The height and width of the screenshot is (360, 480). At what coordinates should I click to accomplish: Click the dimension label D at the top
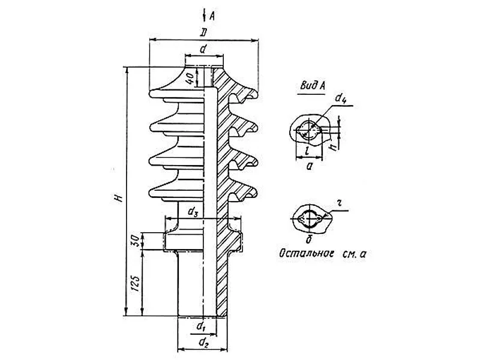(x=203, y=32)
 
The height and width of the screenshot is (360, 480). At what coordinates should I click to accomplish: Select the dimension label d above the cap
(x=203, y=49)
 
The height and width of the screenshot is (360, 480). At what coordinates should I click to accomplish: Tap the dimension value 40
(x=190, y=79)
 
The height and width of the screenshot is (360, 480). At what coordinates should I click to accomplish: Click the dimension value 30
(x=137, y=241)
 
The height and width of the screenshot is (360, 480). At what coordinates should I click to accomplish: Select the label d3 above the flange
(x=193, y=212)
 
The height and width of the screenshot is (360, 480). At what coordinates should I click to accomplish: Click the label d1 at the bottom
(x=201, y=326)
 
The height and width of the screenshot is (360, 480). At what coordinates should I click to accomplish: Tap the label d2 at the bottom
(x=203, y=343)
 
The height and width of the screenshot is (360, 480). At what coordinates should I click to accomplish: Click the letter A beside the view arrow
(x=212, y=16)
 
